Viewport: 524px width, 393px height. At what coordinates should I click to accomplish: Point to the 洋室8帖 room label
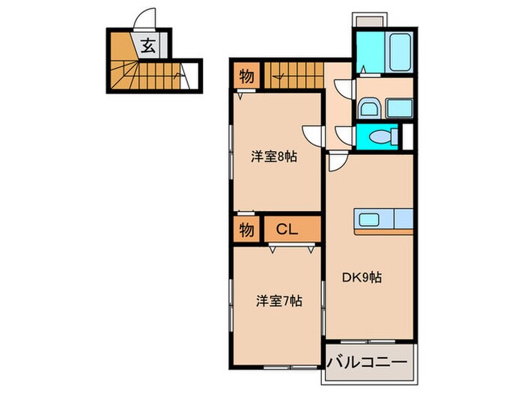pyautogui.click(x=275, y=156)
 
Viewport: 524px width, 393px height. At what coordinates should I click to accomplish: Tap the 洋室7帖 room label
pyautogui.click(x=279, y=302)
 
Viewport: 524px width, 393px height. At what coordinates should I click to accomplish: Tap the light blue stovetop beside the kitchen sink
pyautogui.click(x=403, y=219)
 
